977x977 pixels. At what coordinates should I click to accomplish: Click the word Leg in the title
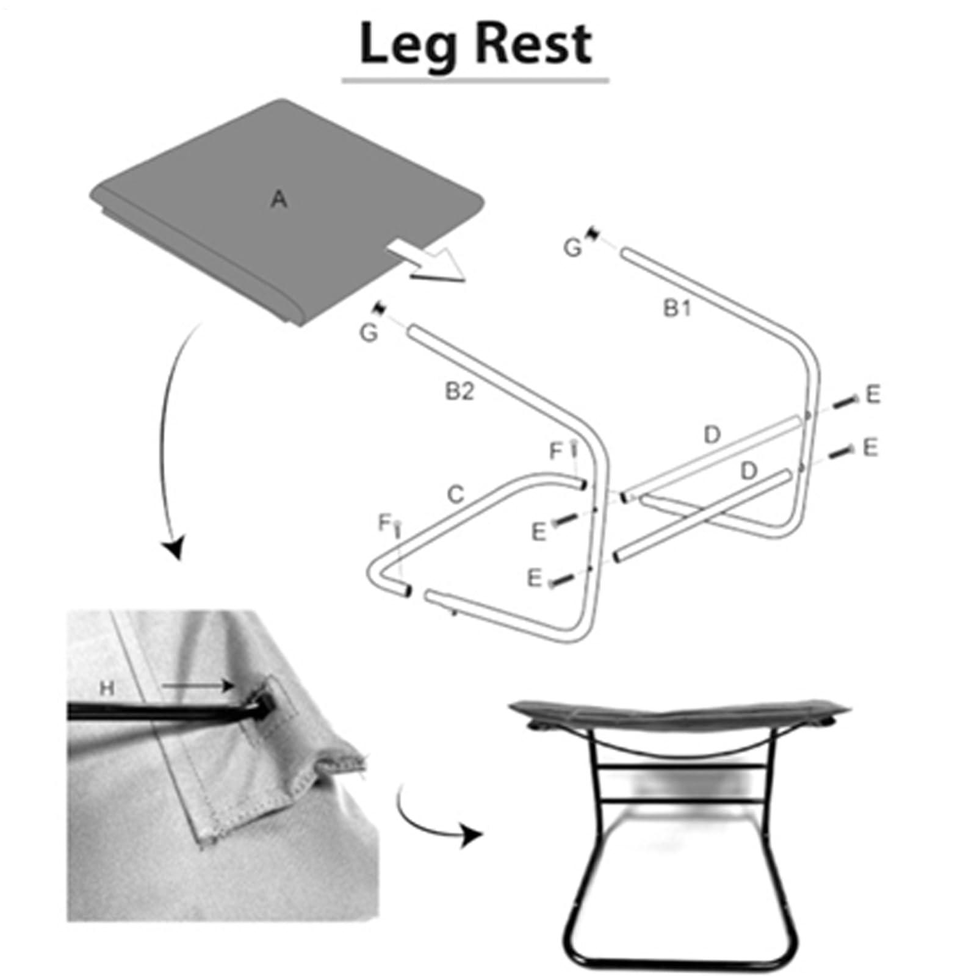pyautogui.click(x=408, y=46)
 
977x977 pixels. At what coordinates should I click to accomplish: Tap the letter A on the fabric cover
pyautogui.click(x=279, y=199)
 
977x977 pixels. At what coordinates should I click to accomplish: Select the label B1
pyautogui.click(x=677, y=309)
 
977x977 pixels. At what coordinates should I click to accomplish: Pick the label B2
pyautogui.click(x=460, y=391)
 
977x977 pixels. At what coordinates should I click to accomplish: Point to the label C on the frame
pyautogui.click(x=455, y=494)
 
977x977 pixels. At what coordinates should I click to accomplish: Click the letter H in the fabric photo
pyautogui.click(x=107, y=688)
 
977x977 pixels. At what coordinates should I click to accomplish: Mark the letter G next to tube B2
pyautogui.click(x=369, y=333)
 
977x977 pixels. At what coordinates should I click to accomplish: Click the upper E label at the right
pyautogui.click(x=873, y=394)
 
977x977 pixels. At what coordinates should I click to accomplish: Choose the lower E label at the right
pyautogui.click(x=870, y=447)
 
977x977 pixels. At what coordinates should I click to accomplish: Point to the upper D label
pyautogui.click(x=712, y=435)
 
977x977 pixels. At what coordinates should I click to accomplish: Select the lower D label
pyautogui.click(x=749, y=470)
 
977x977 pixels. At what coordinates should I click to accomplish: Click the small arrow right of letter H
pyautogui.click(x=198, y=686)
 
